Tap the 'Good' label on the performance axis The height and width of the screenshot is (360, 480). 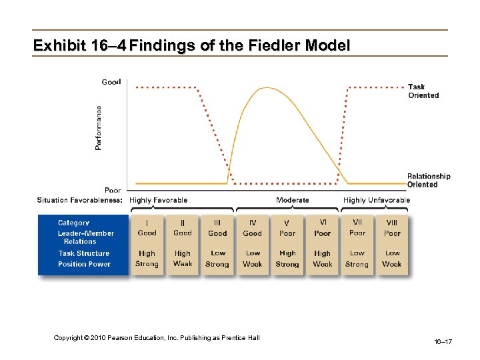[x=111, y=82]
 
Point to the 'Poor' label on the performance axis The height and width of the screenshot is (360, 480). [x=112, y=190]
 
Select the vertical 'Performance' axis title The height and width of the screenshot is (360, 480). [x=99, y=127]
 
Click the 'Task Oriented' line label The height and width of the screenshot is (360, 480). [x=423, y=91]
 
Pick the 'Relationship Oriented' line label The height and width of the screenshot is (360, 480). [x=428, y=181]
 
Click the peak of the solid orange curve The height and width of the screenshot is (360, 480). [x=267, y=88]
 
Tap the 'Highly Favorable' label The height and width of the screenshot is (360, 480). [x=158, y=200]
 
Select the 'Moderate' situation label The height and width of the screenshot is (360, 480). [x=293, y=200]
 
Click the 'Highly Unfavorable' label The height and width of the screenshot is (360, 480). [x=377, y=200]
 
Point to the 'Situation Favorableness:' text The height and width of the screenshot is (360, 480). [x=79, y=200]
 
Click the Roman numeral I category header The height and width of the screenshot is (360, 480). [x=147, y=223]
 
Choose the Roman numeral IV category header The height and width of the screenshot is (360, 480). [x=253, y=223]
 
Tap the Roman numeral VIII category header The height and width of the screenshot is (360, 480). [x=392, y=223]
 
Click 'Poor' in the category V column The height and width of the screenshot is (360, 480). [x=287, y=234]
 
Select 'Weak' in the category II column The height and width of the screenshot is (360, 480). [x=182, y=264]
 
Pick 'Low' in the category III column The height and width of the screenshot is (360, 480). [x=217, y=253]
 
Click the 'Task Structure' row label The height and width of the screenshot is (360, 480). [x=83, y=253]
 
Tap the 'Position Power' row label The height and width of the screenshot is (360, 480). [x=84, y=264]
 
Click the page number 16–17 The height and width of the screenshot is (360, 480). [x=443, y=342]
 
